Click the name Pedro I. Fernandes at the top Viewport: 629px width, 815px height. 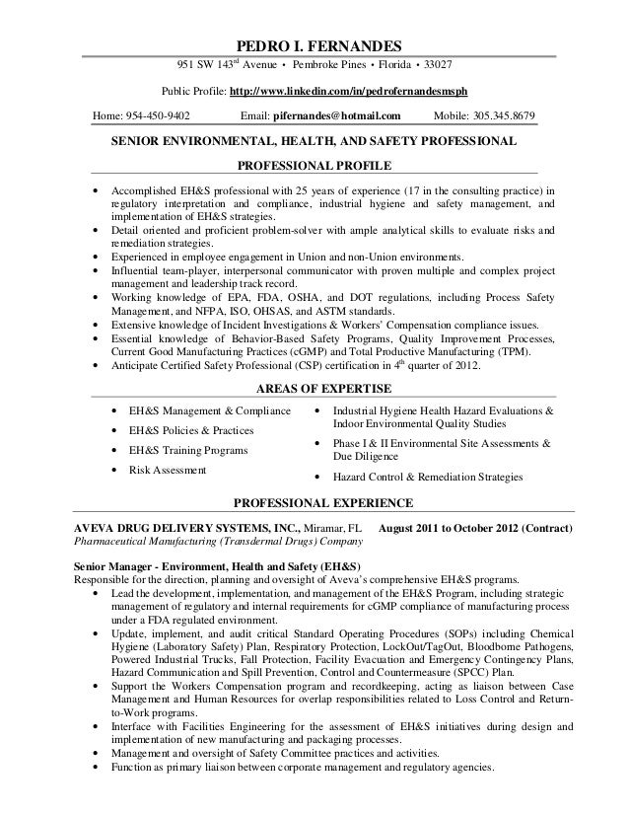point(314,45)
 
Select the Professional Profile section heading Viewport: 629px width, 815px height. point(314,164)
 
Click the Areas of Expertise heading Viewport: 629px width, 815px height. point(314,387)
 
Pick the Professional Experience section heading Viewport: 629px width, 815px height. point(314,501)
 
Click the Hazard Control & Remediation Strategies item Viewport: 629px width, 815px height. point(429,477)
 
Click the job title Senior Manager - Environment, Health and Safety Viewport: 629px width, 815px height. point(214,566)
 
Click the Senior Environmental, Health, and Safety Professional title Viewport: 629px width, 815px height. point(311,142)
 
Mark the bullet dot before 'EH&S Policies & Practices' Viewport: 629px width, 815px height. point(118,431)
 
